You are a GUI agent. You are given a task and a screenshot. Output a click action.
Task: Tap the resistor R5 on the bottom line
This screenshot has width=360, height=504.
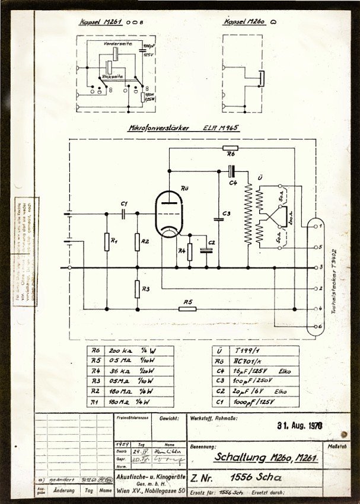pyautogui.click(x=188, y=309)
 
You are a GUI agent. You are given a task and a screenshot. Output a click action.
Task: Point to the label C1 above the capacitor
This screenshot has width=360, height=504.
pyautogui.click(x=124, y=205)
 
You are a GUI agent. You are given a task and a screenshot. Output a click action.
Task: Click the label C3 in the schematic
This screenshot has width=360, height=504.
pyautogui.click(x=225, y=213)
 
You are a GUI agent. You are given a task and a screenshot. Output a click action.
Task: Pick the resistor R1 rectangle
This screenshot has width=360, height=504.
pyautogui.click(x=107, y=241)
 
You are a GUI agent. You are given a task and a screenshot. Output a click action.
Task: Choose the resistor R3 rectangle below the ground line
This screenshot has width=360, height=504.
pyautogui.click(x=137, y=289)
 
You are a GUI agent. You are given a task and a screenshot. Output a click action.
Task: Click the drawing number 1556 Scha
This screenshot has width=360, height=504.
pyautogui.click(x=256, y=478)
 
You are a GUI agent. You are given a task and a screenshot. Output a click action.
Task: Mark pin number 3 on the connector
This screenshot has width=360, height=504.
pyautogui.click(x=320, y=268)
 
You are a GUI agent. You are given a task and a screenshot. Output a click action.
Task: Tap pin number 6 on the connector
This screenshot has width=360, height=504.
pyautogui.click(x=320, y=327)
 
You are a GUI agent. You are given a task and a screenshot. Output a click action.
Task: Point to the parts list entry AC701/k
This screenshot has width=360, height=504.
pyautogui.click(x=243, y=362)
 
